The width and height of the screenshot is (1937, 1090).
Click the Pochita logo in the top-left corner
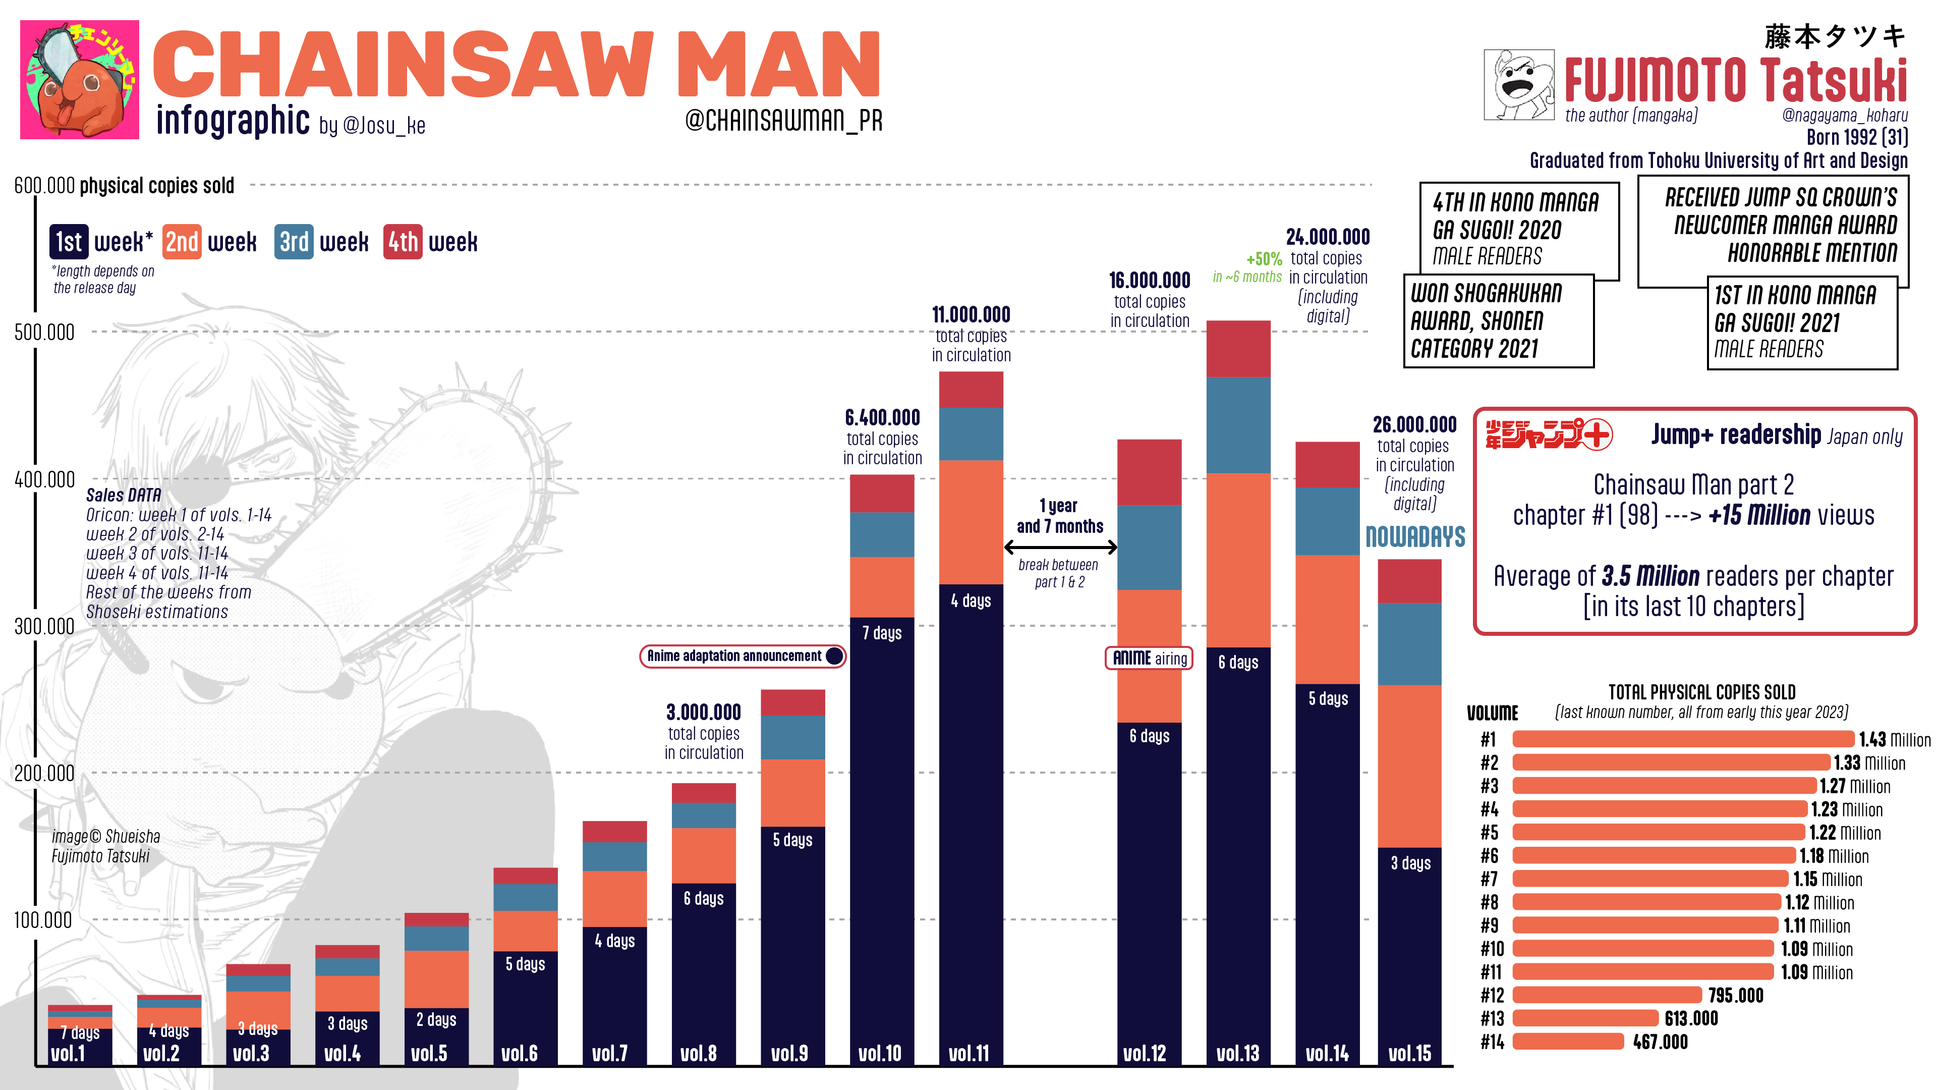point(79,79)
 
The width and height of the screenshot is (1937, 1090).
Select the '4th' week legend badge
point(403,242)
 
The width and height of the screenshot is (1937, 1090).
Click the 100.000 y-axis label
point(43,920)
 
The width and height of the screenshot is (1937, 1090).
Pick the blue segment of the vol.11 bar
point(970,433)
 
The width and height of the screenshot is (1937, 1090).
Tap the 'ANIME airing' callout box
point(1149,658)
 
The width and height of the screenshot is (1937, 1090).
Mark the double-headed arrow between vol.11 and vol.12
point(1060,548)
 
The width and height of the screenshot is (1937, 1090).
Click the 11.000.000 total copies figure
point(971,314)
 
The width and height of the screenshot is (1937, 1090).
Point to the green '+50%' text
point(1264,259)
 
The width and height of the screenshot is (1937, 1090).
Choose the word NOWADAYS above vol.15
point(1415,536)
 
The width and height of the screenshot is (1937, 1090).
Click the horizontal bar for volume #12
point(1607,995)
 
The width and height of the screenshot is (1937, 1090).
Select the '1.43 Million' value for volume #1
point(1894,739)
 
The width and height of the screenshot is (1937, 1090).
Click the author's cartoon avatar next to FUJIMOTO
point(1518,85)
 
